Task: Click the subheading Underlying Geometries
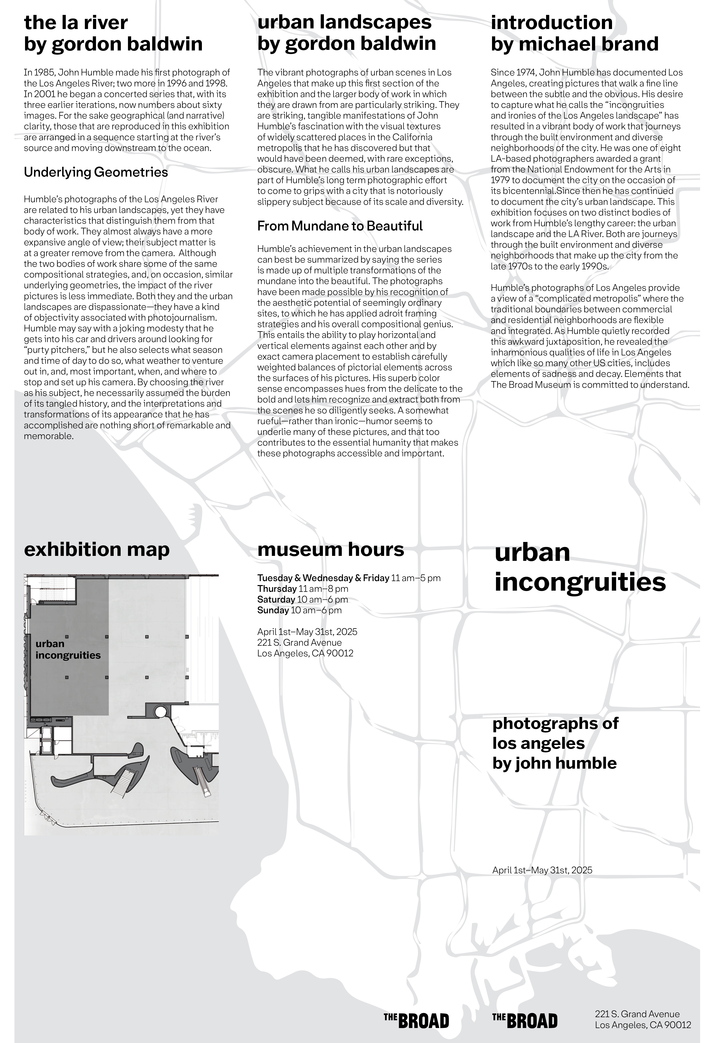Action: point(96,172)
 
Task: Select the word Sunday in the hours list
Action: point(273,610)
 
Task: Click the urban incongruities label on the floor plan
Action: point(68,649)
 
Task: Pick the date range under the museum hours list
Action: point(307,632)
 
